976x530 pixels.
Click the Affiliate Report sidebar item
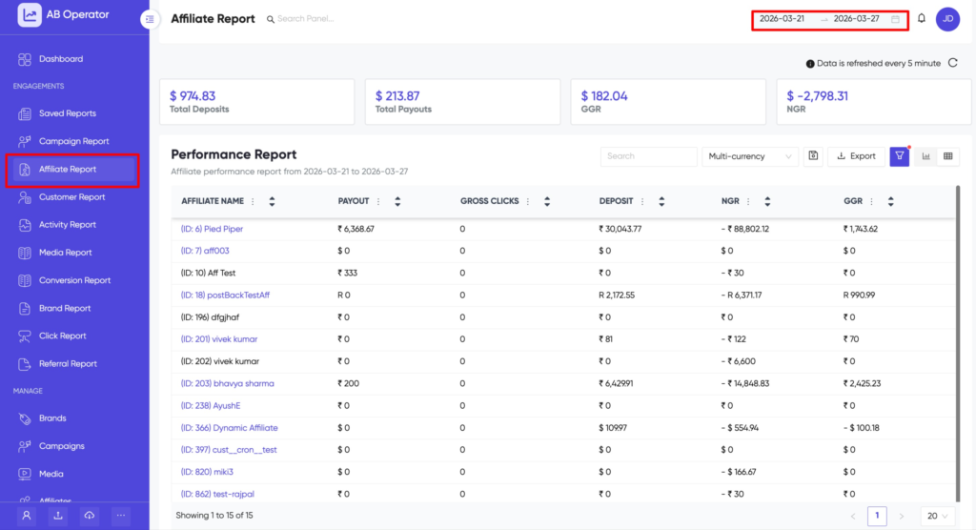68,169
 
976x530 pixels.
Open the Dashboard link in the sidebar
60,59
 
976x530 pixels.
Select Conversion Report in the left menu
74,280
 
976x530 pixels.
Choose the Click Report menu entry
62,336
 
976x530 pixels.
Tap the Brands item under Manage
52,418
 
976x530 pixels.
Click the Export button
855,156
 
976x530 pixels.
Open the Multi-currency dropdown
750,156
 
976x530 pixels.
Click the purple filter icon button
899,156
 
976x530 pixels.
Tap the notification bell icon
922,19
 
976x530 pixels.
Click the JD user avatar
947,19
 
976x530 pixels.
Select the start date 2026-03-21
782,19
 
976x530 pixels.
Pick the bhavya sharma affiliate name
227,383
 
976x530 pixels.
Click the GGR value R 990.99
865,295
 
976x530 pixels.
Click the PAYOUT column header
355,201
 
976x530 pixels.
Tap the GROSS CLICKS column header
489,201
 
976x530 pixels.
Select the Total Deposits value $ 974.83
193,96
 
